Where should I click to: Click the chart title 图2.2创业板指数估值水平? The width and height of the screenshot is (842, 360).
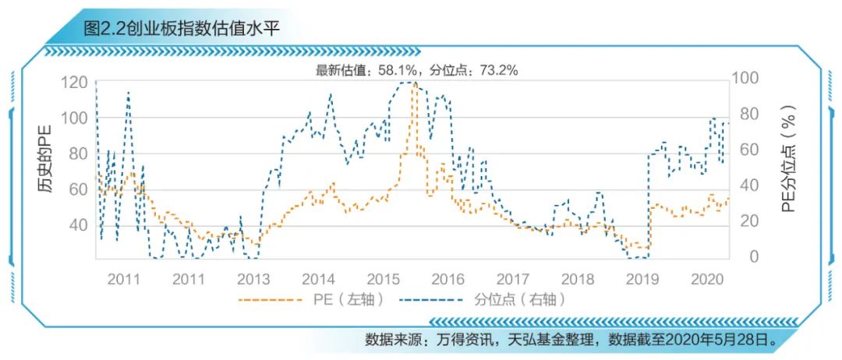tap(181, 29)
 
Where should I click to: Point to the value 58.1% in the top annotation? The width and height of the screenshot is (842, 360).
tap(396, 70)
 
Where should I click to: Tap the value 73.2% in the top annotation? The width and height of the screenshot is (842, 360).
tap(499, 70)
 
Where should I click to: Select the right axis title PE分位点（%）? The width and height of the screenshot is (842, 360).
tap(789, 159)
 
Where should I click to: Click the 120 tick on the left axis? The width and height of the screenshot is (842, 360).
tap(74, 83)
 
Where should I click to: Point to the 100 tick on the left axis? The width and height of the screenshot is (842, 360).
tap(74, 118)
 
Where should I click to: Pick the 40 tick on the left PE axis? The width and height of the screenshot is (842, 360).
tap(78, 225)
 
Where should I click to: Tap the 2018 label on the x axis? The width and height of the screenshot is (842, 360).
tap(578, 278)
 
